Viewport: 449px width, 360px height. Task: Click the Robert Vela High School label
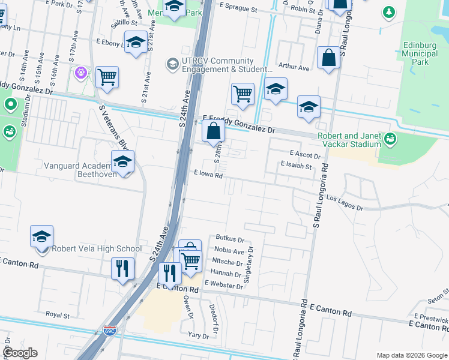click(x=97, y=249)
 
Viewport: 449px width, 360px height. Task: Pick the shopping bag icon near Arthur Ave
click(x=329, y=58)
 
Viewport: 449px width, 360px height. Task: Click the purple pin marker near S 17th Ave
click(x=81, y=73)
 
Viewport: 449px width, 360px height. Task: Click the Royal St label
click(x=58, y=314)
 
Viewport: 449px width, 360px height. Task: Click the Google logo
click(x=20, y=353)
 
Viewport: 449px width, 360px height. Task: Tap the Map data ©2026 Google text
click(x=412, y=355)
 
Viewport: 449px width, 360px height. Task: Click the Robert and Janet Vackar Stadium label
click(x=349, y=140)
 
